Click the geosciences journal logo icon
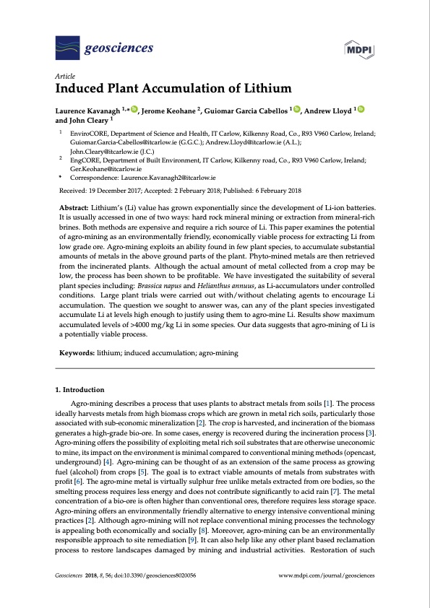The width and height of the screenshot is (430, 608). point(67,48)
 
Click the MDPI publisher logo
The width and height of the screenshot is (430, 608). point(359,50)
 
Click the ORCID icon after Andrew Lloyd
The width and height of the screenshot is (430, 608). point(361,109)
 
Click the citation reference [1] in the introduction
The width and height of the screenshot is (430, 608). point(327,401)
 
